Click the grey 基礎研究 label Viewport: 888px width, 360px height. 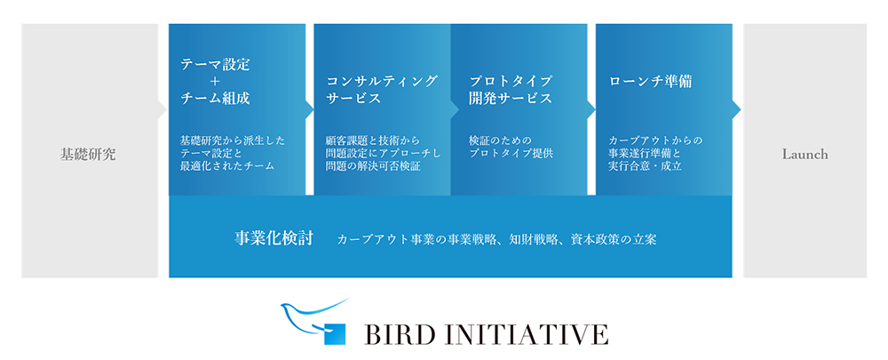[x=88, y=154]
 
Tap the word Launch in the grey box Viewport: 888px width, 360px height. [x=805, y=154]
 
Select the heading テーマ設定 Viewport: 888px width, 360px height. [x=215, y=65]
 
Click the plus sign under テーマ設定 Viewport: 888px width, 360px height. [x=215, y=82]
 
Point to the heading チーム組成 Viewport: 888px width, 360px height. [x=215, y=99]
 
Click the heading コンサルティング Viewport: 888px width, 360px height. [x=382, y=81]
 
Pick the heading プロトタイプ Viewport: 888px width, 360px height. [x=511, y=81]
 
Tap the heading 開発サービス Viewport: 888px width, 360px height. [x=511, y=98]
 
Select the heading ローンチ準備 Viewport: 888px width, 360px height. [x=651, y=82]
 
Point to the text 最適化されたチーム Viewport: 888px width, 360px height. [x=227, y=166]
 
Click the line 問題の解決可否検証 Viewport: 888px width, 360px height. [x=373, y=166]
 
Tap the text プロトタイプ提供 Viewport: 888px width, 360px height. [x=511, y=153]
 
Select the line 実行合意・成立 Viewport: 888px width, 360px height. [x=645, y=166]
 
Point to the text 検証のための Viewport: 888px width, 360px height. [x=501, y=140]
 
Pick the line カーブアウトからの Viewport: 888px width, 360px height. [x=656, y=140]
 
